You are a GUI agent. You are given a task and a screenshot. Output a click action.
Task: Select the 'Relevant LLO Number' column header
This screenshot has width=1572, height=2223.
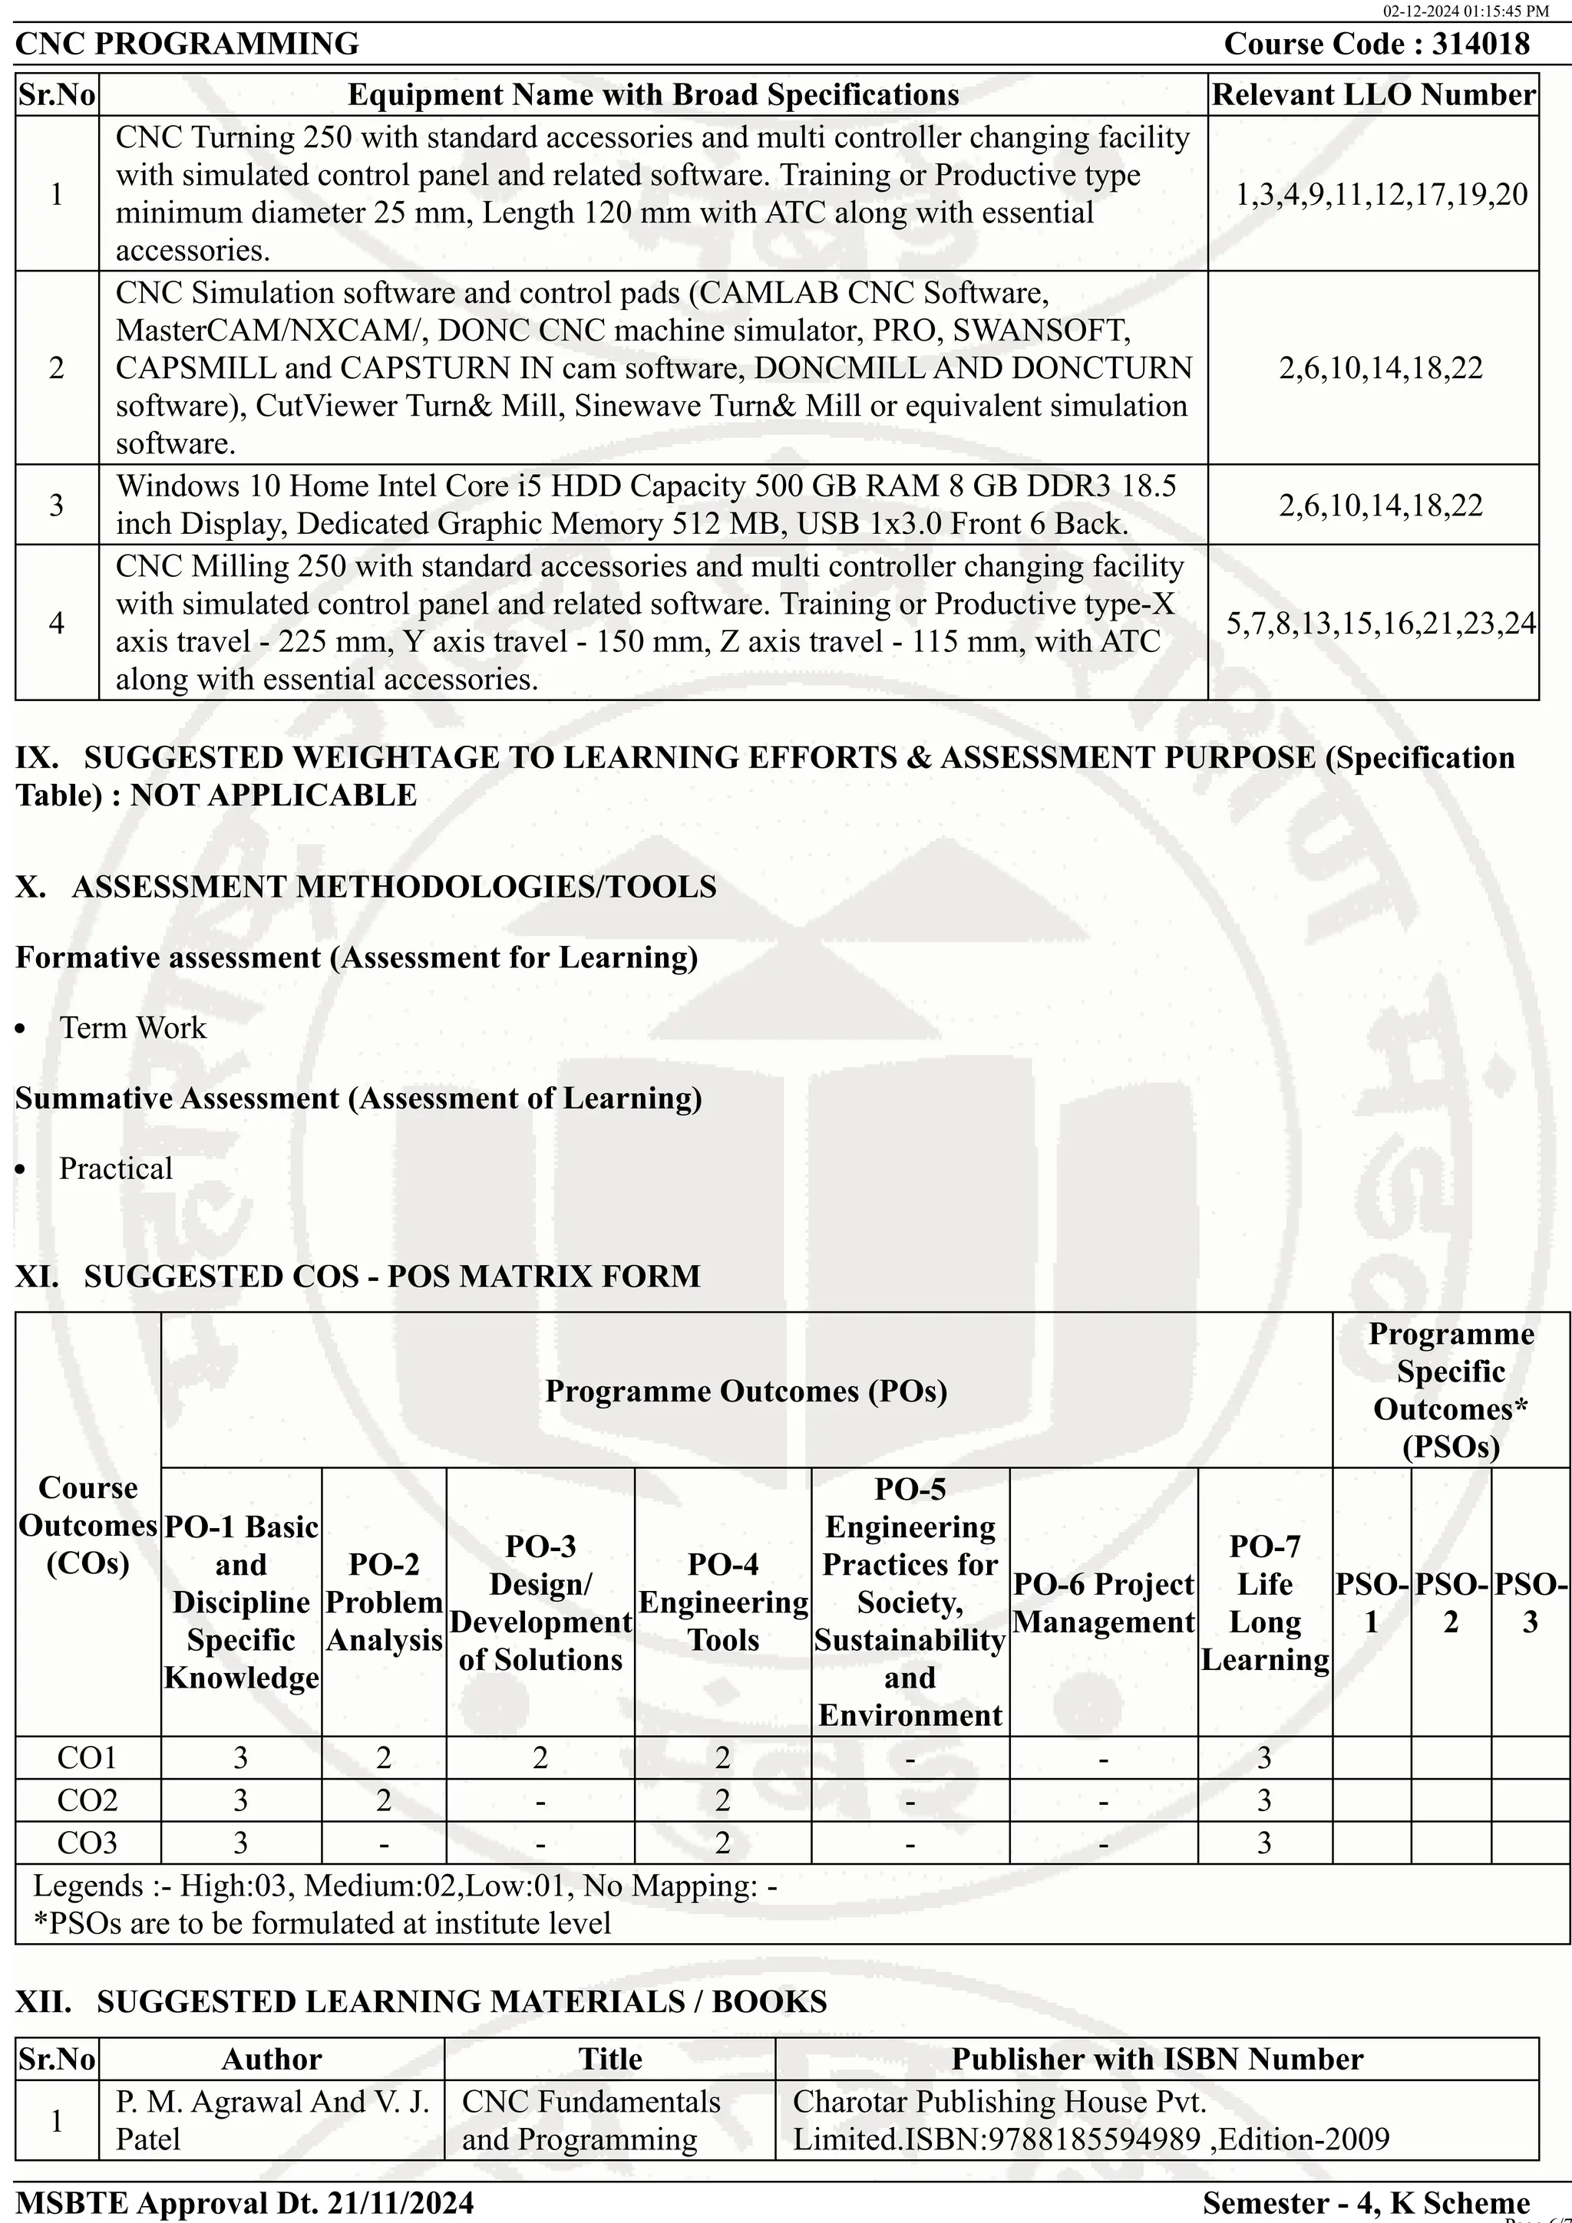[1372, 95]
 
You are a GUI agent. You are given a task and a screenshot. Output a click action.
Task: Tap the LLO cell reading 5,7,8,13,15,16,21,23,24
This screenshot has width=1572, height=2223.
[1381, 623]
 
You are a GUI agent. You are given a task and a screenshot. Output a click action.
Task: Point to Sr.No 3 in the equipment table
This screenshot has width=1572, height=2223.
[56, 505]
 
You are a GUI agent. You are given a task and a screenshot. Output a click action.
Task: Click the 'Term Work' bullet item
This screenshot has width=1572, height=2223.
[133, 1027]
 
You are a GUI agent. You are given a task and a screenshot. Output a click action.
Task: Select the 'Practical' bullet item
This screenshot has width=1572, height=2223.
[115, 1168]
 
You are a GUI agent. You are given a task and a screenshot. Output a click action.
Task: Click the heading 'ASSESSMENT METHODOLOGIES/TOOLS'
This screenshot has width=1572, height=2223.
[395, 887]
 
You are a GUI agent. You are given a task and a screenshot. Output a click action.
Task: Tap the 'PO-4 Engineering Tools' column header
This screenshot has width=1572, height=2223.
[722, 1602]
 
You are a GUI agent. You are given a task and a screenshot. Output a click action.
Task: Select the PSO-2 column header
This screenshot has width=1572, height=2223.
[1450, 1602]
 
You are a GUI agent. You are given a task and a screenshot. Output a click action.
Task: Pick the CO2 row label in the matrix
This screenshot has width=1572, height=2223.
[88, 1801]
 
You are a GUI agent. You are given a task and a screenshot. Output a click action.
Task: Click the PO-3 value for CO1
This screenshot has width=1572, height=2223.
[540, 1758]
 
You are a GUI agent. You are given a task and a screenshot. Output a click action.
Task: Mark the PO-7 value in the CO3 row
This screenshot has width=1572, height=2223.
[1264, 1843]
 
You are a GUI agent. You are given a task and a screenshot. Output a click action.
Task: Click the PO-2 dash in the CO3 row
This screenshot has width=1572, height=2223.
[384, 1843]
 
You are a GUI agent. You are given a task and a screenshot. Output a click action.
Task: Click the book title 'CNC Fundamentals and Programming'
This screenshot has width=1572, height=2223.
[591, 2120]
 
